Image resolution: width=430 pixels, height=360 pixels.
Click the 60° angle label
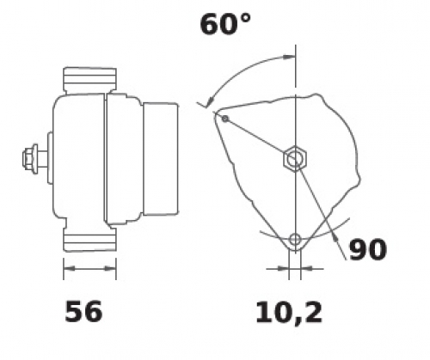pos(225,24)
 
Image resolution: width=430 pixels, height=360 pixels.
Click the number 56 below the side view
pos(83,311)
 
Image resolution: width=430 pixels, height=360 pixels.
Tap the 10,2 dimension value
pos(289,314)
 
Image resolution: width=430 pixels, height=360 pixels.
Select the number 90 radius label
pos(368,249)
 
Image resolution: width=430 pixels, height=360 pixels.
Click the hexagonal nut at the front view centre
pos(295,158)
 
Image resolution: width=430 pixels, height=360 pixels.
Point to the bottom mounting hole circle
pos(295,240)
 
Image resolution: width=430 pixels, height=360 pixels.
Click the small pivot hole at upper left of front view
pos(225,119)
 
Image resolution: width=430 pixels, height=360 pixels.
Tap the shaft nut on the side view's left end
pos(30,158)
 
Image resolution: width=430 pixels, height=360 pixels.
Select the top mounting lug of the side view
pos(89,81)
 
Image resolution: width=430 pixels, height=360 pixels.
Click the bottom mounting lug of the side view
pos(89,238)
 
